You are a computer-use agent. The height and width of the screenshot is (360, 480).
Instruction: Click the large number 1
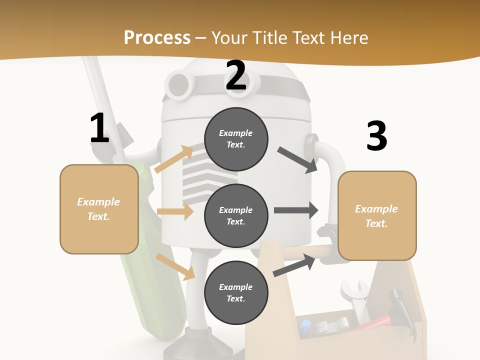pyautogui.click(x=99, y=128)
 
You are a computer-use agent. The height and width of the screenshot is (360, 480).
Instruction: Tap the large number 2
pyautogui.click(x=236, y=75)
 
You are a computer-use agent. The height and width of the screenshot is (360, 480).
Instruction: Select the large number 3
pyautogui.click(x=376, y=136)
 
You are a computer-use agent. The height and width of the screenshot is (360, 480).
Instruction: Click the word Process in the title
pyautogui.click(x=157, y=37)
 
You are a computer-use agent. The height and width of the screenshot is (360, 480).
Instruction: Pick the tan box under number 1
pyautogui.click(x=99, y=209)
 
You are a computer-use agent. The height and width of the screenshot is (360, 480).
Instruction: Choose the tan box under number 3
pyautogui.click(x=377, y=216)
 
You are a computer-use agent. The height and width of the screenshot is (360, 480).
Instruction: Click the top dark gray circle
pyautogui.click(x=236, y=139)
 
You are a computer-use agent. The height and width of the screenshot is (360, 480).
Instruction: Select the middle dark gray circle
pyautogui.click(x=236, y=216)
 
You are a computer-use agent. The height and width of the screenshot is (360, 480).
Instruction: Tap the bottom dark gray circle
pyautogui.click(x=236, y=293)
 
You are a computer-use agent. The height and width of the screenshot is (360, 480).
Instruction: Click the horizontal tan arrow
pyautogui.click(x=175, y=211)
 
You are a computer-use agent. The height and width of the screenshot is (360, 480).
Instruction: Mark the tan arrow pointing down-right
pyautogui.click(x=175, y=266)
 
